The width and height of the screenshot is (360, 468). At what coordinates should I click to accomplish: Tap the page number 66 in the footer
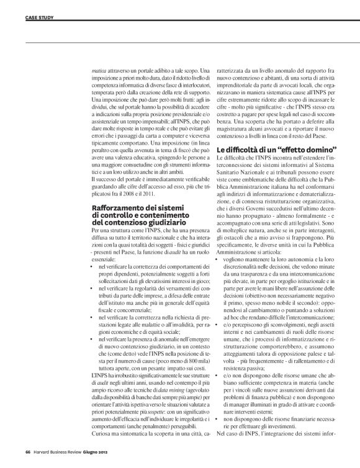pyautogui.click(x=28, y=452)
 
